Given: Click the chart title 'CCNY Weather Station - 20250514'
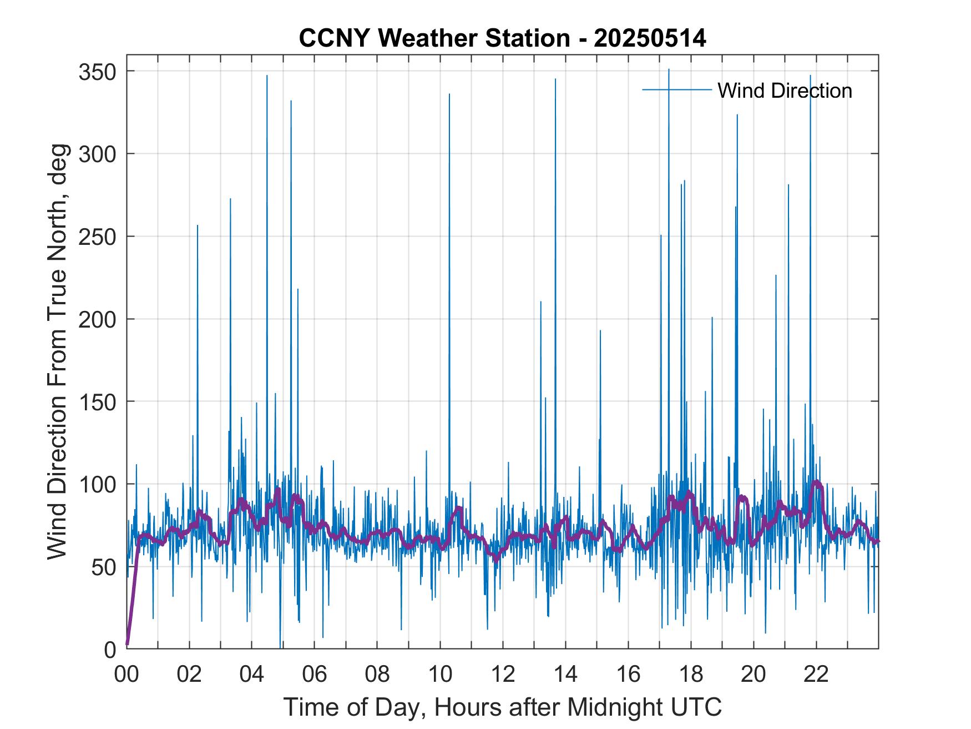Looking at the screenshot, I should click(x=502, y=39).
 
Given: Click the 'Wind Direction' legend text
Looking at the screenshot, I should click(x=785, y=91).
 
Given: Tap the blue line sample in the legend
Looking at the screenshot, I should click(x=676, y=89).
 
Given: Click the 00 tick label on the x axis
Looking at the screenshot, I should click(x=127, y=675).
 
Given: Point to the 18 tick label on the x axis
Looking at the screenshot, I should click(x=690, y=675).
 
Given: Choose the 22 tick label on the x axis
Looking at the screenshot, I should click(x=816, y=675).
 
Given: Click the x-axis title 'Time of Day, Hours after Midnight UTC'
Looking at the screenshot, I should click(x=502, y=707).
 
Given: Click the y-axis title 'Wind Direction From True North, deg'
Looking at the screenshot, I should click(x=57, y=352).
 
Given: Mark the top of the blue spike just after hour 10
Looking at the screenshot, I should click(x=449, y=94).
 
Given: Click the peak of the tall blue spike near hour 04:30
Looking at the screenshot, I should click(x=267, y=76).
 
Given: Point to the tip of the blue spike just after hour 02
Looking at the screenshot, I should click(x=197, y=225).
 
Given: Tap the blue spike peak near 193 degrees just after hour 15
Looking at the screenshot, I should click(x=600, y=330).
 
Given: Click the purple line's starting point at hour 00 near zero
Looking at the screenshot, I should click(x=127, y=645).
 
